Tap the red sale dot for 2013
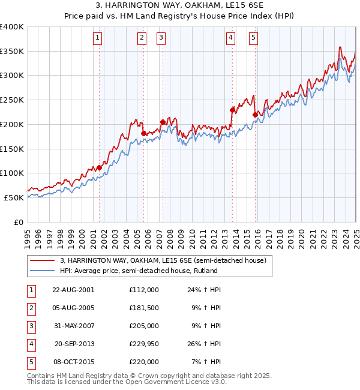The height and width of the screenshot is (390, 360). (x=232, y=110)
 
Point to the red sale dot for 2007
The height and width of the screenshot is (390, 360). (x=163, y=122)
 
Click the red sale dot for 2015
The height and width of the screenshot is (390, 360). (x=255, y=115)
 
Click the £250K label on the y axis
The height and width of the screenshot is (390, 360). (x=12, y=100)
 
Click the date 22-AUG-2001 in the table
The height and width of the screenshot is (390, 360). (x=73, y=289)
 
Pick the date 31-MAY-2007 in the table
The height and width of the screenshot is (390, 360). (x=73, y=326)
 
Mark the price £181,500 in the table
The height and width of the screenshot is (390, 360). (x=143, y=308)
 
